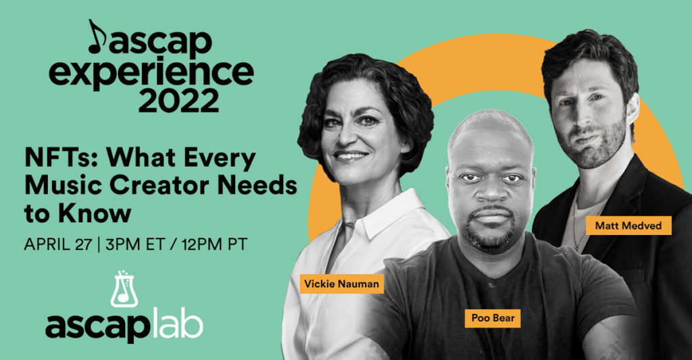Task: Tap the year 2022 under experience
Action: pyautogui.click(x=178, y=101)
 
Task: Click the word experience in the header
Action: pyautogui.click(x=151, y=72)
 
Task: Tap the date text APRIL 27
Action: pyautogui.click(x=58, y=245)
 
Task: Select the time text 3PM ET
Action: pyautogui.click(x=135, y=245)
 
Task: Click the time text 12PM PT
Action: pyautogui.click(x=214, y=245)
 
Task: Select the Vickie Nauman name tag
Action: pyautogui.click(x=341, y=284)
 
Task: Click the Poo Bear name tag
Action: pyautogui.click(x=493, y=318)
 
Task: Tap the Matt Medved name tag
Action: pyautogui.click(x=628, y=226)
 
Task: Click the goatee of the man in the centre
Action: pyautogui.click(x=491, y=230)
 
